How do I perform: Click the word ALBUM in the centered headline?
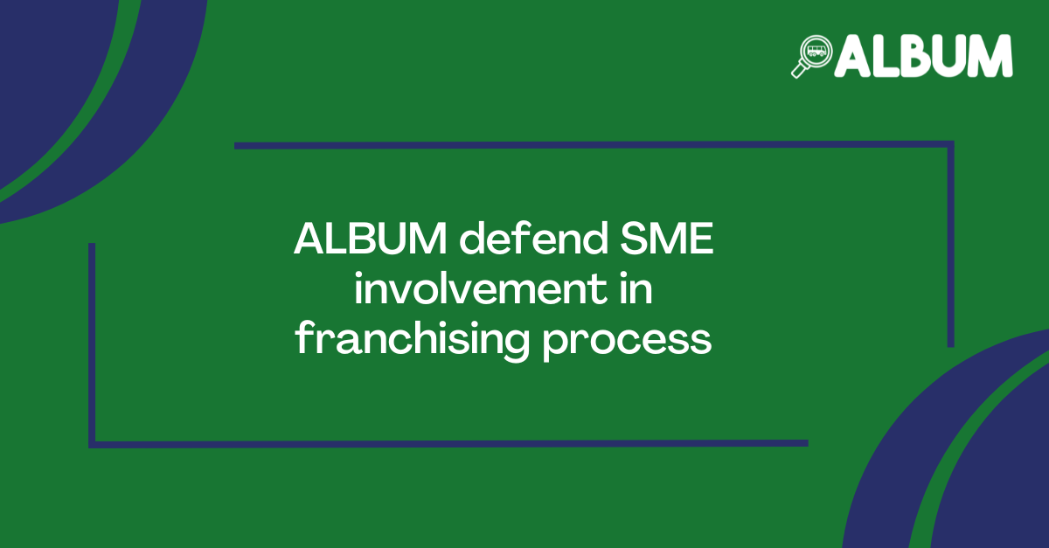point(371,239)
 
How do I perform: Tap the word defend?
point(534,238)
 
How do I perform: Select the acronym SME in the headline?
point(667,239)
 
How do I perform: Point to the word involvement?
point(481,288)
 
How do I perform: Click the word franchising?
point(412,341)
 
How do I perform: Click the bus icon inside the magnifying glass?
point(816,51)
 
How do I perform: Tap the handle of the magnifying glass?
point(799,70)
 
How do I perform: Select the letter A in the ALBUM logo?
point(853,56)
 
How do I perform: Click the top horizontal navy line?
point(594,145)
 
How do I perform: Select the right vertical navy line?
point(951,244)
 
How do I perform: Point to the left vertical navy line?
point(92,345)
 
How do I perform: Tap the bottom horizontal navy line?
point(448,443)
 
